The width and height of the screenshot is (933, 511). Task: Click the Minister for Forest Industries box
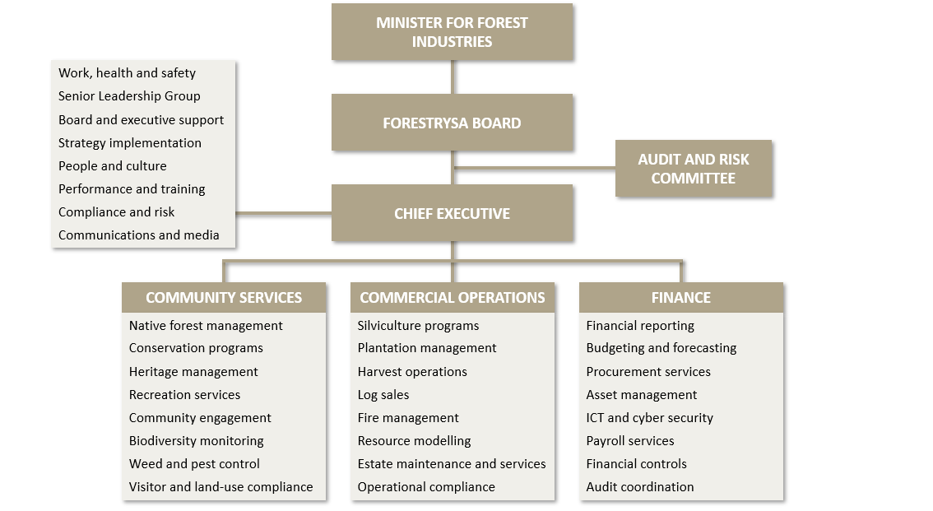pyautogui.click(x=452, y=32)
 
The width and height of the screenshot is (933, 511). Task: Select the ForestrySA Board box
pyautogui.click(x=452, y=123)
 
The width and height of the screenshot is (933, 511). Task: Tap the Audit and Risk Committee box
pyautogui.click(x=693, y=169)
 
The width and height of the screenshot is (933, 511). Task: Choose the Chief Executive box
pyautogui.click(x=452, y=213)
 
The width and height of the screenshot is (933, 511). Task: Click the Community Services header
pyautogui.click(x=224, y=297)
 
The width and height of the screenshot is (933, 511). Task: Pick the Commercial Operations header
pyautogui.click(x=452, y=297)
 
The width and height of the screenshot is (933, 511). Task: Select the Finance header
pyautogui.click(x=680, y=297)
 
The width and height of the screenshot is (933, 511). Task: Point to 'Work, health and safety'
pyautogui.click(x=127, y=73)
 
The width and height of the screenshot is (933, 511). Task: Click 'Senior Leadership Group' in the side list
pyautogui.click(x=129, y=96)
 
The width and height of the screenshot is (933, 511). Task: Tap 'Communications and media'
pyautogui.click(x=138, y=235)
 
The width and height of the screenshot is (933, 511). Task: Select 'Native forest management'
pyautogui.click(x=206, y=326)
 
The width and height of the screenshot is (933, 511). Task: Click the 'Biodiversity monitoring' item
pyautogui.click(x=196, y=441)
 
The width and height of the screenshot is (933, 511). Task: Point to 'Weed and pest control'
pyautogui.click(x=194, y=464)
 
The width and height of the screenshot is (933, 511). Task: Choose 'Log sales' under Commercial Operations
pyautogui.click(x=383, y=395)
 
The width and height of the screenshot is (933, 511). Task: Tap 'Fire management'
pyautogui.click(x=408, y=418)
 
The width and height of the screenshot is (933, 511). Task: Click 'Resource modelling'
pyautogui.click(x=414, y=441)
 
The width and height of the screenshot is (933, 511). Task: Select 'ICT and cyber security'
pyautogui.click(x=649, y=418)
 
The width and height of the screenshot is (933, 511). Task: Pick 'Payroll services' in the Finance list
pyautogui.click(x=629, y=441)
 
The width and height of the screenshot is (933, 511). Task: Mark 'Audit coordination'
pyautogui.click(x=639, y=487)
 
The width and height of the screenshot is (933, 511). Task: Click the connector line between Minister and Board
pyautogui.click(x=452, y=77)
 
